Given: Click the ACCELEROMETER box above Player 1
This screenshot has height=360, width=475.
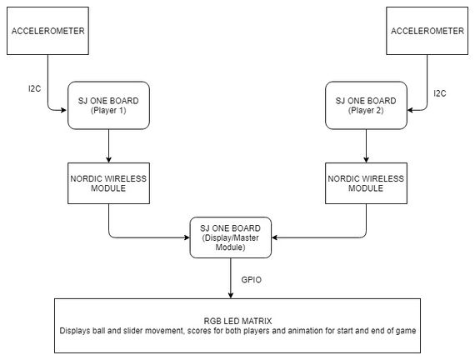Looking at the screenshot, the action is (47, 31).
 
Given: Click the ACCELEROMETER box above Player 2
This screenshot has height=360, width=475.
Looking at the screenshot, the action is (427, 31).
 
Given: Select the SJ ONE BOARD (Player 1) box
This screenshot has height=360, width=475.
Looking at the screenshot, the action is (108, 106).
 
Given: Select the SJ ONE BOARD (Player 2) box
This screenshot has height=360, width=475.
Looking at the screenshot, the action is (366, 106).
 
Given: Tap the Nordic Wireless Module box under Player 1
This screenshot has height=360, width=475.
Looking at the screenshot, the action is (108, 183).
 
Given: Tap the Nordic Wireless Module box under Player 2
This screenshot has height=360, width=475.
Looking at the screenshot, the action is (366, 183).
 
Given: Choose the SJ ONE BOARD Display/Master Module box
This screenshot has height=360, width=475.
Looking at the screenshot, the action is (231, 237).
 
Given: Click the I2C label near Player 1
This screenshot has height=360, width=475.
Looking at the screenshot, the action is (34, 89).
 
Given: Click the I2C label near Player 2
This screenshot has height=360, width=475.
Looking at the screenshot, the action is (440, 93).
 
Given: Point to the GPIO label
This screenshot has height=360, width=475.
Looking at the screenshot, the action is (251, 279).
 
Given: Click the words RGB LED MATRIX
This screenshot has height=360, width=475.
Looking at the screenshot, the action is (237, 321).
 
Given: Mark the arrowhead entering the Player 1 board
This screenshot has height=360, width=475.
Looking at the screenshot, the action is (63, 110).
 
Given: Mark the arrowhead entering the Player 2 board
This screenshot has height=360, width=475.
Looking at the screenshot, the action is (411, 110).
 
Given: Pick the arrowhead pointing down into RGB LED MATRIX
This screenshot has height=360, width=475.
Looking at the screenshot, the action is (231, 295).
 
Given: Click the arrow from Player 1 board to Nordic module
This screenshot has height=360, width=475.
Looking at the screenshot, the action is (108, 146).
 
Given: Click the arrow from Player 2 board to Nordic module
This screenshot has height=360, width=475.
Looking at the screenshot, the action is (366, 146).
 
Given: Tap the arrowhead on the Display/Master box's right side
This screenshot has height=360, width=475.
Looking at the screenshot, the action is (275, 237).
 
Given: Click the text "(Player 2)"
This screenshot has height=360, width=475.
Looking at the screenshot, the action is (366, 110).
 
